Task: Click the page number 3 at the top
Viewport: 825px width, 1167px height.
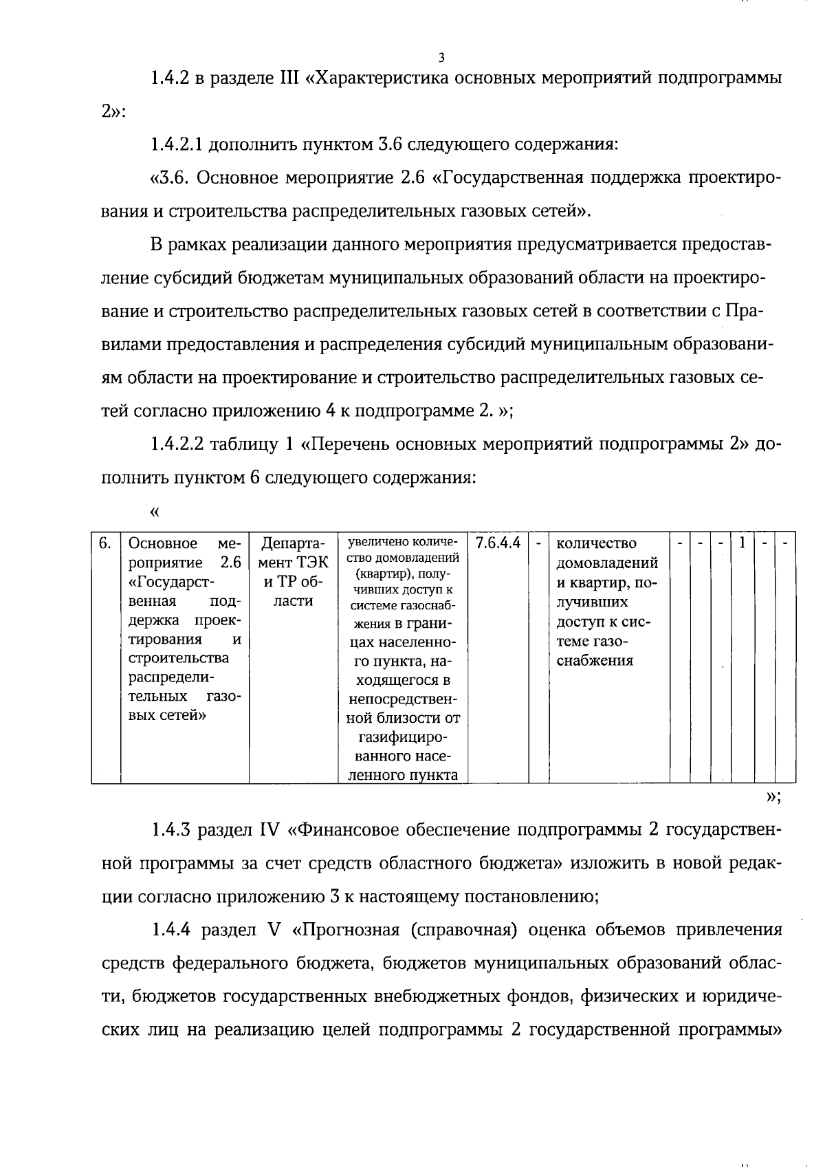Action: click(441, 58)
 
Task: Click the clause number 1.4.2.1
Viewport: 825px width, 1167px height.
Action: click(177, 145)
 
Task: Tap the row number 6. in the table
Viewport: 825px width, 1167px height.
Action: click(104, 544)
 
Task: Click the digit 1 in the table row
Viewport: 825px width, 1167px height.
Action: click(742, 543)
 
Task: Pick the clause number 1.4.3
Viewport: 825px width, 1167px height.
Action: click(171, 831)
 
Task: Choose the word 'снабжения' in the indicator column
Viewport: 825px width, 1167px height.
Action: click(595, 662)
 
